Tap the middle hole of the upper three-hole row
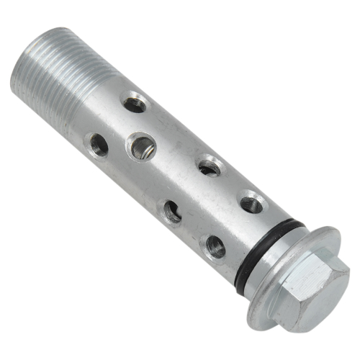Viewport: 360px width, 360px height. point(208,168)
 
